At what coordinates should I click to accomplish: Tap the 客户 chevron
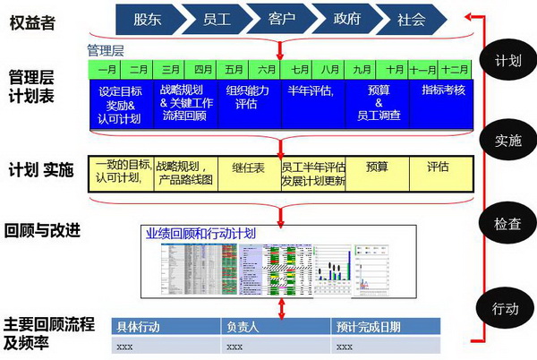[x=283, y=19]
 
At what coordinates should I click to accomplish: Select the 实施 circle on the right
[x=506, y=141]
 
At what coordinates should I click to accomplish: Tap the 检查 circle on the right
[x=506, y=225]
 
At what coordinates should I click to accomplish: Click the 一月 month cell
[x=106, y=69]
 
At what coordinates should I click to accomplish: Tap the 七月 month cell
[x=298, y=69]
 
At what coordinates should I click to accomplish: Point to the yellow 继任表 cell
[x=249, y=166]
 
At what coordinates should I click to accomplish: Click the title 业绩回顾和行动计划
[x=200, y=233]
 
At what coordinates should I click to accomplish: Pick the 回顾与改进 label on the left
[x=43, y=231]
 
